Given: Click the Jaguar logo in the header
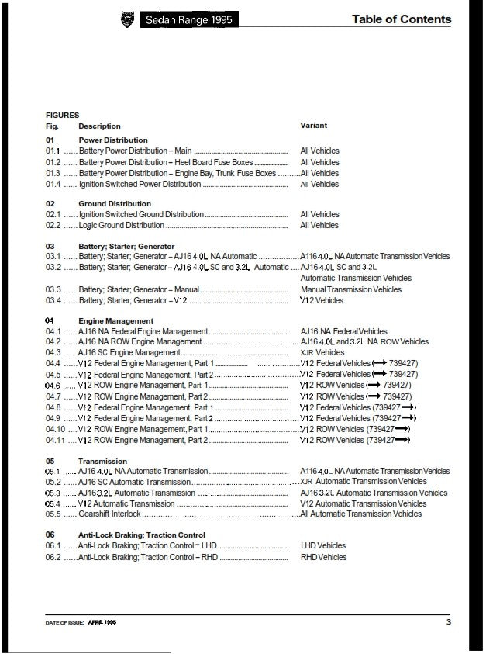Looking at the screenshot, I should [x=127, y=19].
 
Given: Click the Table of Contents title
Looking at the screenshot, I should [x=401, y=19].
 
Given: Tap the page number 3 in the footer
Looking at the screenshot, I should [x=448, y=621].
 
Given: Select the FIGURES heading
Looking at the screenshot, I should [x=62, y=115].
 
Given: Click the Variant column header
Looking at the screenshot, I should [x=313, y=126].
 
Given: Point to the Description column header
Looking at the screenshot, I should [x=99, y=126].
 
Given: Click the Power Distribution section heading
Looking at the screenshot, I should [x=113, y=140].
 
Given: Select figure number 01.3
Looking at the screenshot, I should [x=53, y=174].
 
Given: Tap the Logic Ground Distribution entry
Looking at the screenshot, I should [x=122, y=226].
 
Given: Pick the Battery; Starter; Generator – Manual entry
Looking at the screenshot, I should [x=139, y=290].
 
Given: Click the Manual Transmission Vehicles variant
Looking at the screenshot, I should [x=351, y=290].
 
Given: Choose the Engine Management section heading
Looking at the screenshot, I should [x=115, y=320].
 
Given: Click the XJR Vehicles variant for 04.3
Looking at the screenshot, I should [x=322, y=353].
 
